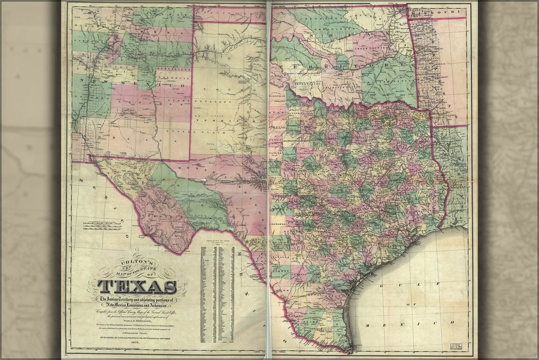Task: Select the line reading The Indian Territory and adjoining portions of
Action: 137,299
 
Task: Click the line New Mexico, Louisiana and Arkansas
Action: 137,305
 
